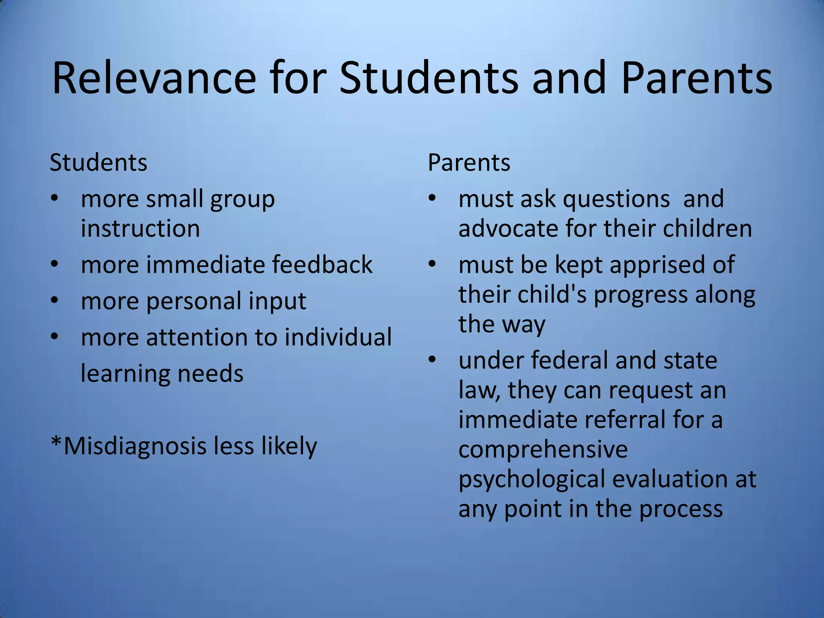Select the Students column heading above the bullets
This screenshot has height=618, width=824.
tap(99, 163)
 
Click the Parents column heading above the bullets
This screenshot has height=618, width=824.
tap(469, 163)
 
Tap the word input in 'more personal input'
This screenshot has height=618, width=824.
tap(277, 301)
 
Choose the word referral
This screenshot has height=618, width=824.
tap(624, 419)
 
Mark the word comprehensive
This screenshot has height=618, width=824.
tap(543, 449)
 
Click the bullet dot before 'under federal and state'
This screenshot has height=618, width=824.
tap(432, 360)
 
